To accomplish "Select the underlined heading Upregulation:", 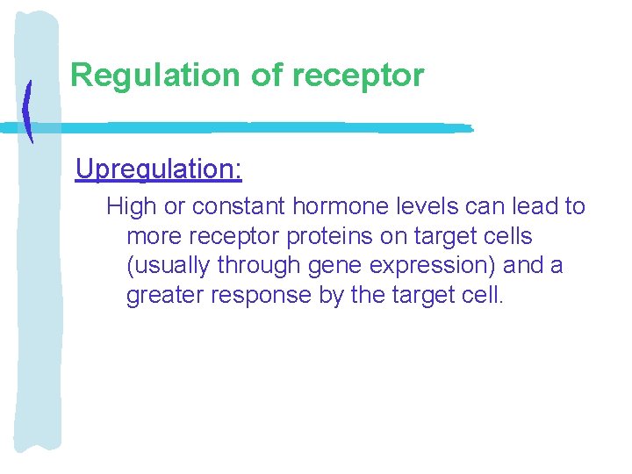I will tap(158, 169).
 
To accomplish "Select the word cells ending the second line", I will tap(505, 237).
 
